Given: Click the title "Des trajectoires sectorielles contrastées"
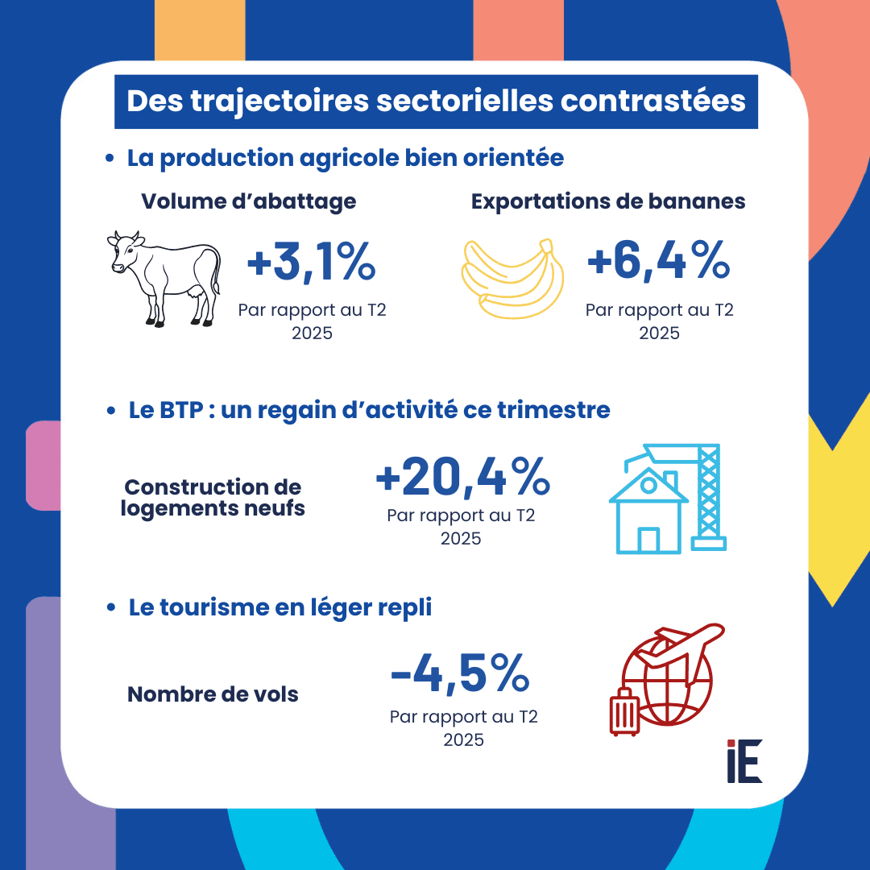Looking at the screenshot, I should tap(436, 102).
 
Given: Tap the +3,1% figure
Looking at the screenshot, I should tap(311, 265).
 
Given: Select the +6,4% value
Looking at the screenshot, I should tap(658, 263).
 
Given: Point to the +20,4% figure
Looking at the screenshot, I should tap(462, 478).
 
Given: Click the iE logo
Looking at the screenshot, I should tap(744, 760).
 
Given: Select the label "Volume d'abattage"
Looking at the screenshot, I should tap(249, 201).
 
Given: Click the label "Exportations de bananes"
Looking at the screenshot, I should tap(608, 201).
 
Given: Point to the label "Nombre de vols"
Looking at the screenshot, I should tap(213, 694).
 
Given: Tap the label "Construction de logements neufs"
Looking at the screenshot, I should tap(213, 498).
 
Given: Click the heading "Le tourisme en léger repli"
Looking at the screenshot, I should tap(280, 607).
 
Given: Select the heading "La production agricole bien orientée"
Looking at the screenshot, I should tap(346, 157).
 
